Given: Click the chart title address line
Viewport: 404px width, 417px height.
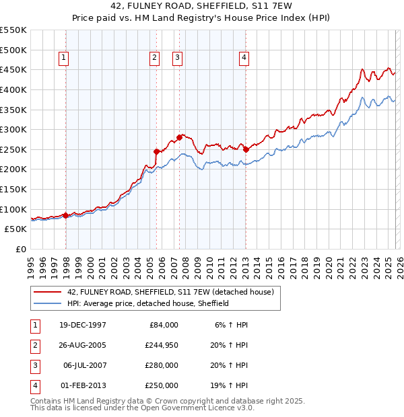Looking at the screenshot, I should coord(201,6).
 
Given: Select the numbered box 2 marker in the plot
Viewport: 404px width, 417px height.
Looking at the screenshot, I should coord(155,58).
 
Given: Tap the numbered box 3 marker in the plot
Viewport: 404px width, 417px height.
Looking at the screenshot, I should coord(177,58).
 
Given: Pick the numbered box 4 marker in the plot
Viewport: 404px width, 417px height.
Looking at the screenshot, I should coord(243,58).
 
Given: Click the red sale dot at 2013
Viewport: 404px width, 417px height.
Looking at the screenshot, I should coord(246,149).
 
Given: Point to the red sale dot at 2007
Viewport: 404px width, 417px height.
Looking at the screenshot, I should coord(179,137).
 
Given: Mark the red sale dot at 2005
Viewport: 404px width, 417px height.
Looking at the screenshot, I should coord(157,151).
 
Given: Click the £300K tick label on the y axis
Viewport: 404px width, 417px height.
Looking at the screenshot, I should coord(13,129).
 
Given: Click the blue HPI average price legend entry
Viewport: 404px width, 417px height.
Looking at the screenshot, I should coord(148,303).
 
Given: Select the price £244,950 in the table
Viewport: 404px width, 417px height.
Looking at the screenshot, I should coord(160,346).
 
